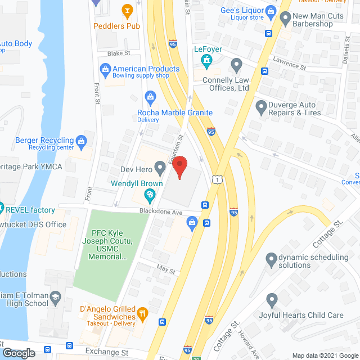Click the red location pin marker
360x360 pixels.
pyautogui.click(x=179, y=168)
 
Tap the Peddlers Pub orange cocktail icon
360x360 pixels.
pyautogui.click(x=128, y=10)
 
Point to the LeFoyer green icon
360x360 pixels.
pyautogui.click(x=207, y=60)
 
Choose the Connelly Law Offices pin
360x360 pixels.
pyautogui.click(x=237, y=64)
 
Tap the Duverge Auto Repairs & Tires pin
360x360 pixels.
pyautogui.click(x=260, y=106)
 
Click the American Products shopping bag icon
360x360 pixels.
pyautogui.click(x=105, y=69)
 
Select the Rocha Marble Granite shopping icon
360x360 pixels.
pyautogui.click(x=150, y=97)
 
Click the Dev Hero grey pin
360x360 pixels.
pyautogui.click(x=160, y=166)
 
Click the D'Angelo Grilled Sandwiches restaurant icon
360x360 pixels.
pyautogui.click(x=143, y=313)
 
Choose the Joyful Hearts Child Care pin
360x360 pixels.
pyautogui.click(x=272, y=300)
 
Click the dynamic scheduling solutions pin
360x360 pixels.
pyautogui.click(x=272, y=259)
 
